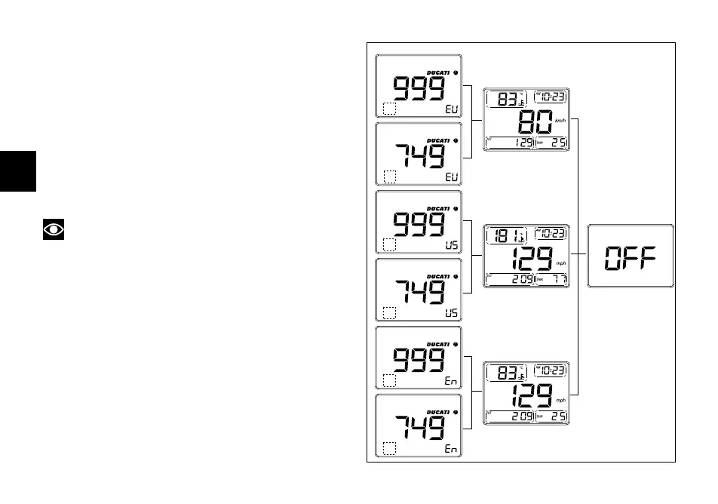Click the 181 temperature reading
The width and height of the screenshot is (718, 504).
[503, 235]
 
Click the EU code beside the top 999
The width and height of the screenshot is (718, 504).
[450, 109]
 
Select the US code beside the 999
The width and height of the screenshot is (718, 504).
[450, 244]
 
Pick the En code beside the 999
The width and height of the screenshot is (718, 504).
[450, 381]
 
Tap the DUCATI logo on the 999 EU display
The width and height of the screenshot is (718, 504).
[438, 72]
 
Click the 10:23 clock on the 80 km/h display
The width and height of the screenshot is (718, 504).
[551, 97]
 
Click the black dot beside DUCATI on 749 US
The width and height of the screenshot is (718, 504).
[456, 276]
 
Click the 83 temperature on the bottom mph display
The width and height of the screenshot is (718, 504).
[503, 371]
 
